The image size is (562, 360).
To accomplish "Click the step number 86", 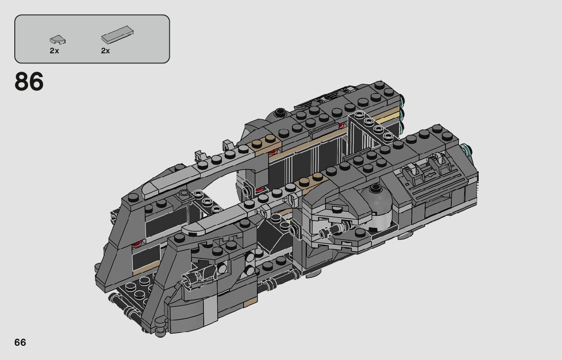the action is [x=29, y=82].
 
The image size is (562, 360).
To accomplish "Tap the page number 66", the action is [x=20, y=342].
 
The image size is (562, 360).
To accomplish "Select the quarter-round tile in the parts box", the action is [x=57, y=40].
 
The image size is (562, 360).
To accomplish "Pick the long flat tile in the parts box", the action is [x=117, y=35].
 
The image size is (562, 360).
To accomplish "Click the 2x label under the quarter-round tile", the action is [x=54, y=51].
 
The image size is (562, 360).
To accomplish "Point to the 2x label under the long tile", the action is [x=105, y=51].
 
